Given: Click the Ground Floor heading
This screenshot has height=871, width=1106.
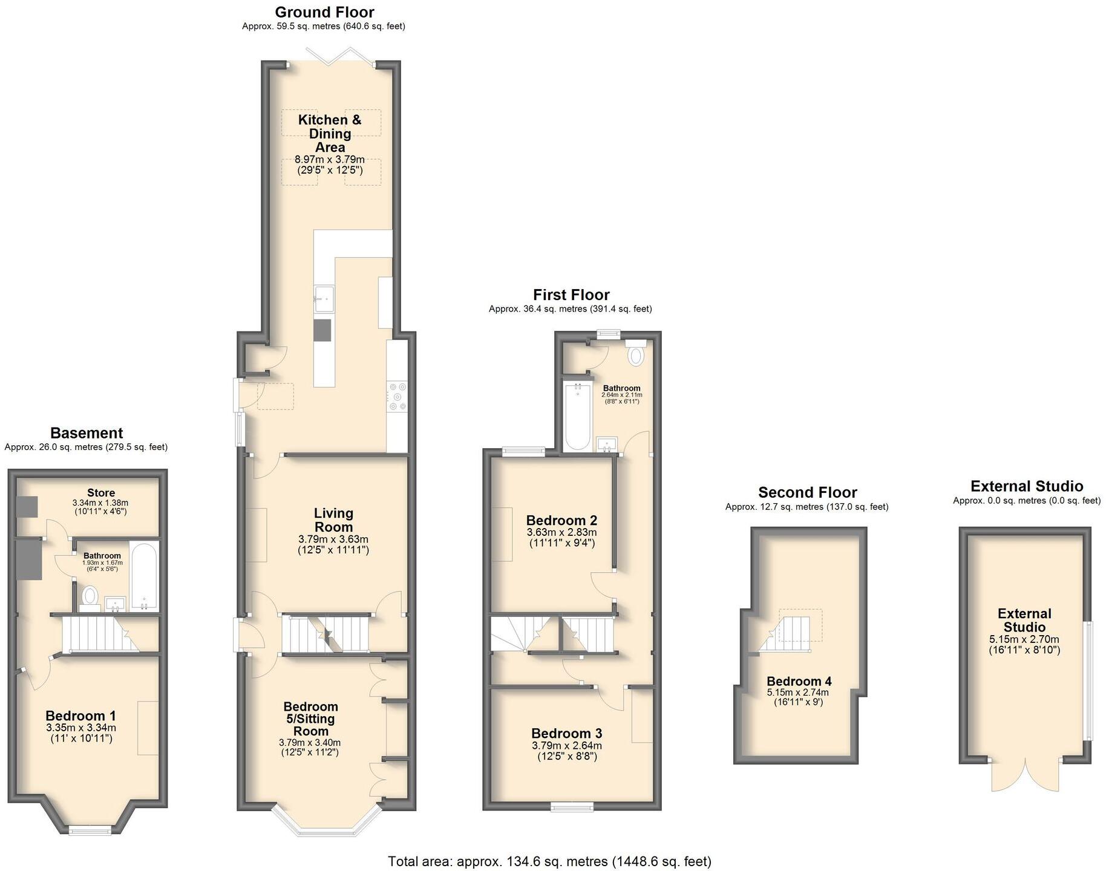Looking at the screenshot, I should point(324,12).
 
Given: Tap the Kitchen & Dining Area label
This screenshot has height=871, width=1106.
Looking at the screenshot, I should point(330,133).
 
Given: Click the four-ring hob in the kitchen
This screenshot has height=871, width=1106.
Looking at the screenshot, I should point(398,397).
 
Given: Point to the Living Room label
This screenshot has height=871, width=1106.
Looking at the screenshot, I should point(333,520).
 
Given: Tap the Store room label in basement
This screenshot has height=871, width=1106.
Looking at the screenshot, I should point(101,493).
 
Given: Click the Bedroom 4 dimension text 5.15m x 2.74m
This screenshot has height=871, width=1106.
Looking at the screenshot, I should point(798,693).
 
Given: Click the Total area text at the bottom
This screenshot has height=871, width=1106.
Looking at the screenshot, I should point(549,861).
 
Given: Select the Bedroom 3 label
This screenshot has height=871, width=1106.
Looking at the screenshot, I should point(567,734).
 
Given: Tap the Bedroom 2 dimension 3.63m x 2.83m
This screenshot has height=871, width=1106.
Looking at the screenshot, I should point(561,532).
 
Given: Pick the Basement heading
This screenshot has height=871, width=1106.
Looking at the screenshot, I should point(87,433).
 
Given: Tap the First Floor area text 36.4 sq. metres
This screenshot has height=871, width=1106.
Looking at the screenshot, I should point(570,308).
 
